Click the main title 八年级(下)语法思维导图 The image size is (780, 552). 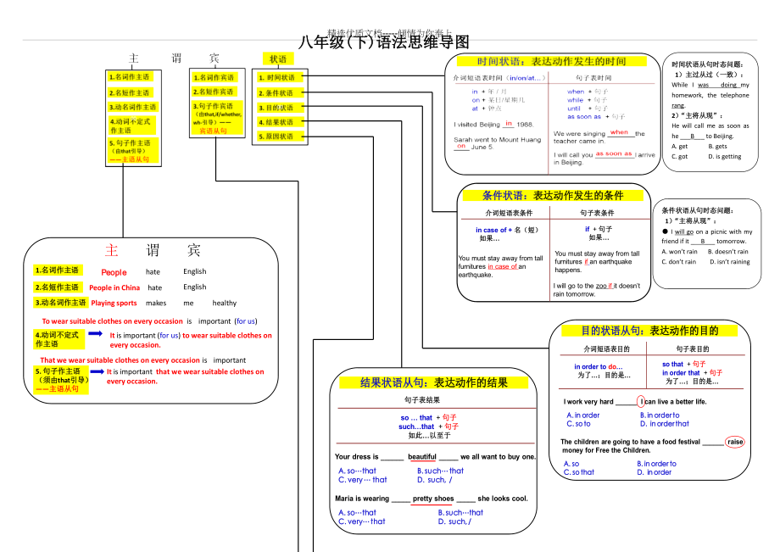click(x=384, y=42)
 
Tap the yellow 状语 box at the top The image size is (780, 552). click(x=278, y=59)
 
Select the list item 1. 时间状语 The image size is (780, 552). click(x=277, y=78)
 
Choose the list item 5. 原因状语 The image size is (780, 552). click(x=277, y=137)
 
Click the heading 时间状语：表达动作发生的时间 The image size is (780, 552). click(x=551, y=62)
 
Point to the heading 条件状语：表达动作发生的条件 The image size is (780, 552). click(x=552, y=195)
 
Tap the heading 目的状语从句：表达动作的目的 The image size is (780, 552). click(x=649, y=331)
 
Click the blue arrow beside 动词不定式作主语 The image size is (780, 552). click(x=95, y=334)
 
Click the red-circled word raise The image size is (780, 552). click(x=735, y=442)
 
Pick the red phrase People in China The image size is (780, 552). click(x=114, y=287)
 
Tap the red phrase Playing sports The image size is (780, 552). click(x=114, y=303)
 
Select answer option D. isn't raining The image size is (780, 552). click(x=729, y=261)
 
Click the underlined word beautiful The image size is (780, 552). click(x=422, y=457)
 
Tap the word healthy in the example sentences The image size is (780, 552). click(x=225, y=303)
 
